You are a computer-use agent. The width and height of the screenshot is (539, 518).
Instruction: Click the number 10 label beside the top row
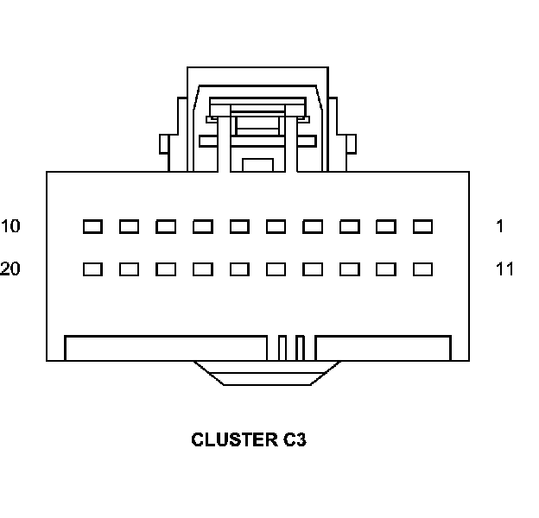pyautogui.click(x=10, y=227)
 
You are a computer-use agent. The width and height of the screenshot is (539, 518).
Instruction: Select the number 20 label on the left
pyautogui.click(x=10, y=269)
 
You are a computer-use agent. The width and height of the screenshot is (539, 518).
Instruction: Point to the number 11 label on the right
pyautogui.click(x=504, y=269)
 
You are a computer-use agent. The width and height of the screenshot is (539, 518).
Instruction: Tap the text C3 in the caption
pyautogui.click(x=294, y=440)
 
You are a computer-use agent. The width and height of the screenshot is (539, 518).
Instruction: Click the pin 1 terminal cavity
pyautogui.click(x=422, y=227)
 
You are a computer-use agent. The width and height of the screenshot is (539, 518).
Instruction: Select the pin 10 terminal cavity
pyautogui.click(x=92, y=227)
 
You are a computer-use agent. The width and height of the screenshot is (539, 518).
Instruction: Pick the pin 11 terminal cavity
pyautogui.click(x=422, y=269)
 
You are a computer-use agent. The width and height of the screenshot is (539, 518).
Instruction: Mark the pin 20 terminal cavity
pyautogui.click(x=92, y=269)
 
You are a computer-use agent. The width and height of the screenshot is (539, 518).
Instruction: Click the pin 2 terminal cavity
pyautogui.click(x=386, y=227)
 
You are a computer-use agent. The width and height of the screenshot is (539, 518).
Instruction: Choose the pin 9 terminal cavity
pyautogui.click(x=129, y=227)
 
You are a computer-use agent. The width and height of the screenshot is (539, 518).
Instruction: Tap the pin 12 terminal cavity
pyautogui.click(x=386, y=269)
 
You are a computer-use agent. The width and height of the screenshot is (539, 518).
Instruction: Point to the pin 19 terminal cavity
pyautogui.click(x=129, y=269)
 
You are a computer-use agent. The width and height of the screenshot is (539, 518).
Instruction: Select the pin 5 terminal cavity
pyautogui.click(x=276, y=227)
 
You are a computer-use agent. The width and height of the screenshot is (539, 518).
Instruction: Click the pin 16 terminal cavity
pyautogui.click(x=239, y=269)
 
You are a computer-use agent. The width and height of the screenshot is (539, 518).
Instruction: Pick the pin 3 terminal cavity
pyautogui.click(x=349, y=227)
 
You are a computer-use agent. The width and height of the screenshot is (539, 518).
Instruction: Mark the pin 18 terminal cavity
pyautogui.click(x=166, y=269)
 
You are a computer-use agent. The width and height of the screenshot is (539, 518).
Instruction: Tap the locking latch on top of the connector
pyautogui.click(x=257, y=108)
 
